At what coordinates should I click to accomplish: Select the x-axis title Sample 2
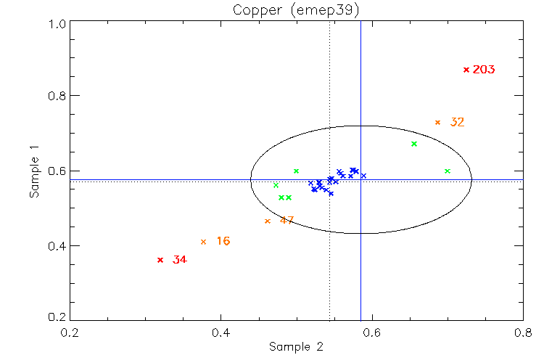point(296,346)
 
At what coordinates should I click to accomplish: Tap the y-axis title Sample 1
point(34,171)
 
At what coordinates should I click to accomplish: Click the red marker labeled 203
point(466,70)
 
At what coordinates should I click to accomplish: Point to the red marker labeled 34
point(160,260)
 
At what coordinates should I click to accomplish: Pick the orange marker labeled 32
point(437,122)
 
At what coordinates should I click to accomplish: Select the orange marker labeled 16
point(203,242)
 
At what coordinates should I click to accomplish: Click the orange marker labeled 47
point(268,221)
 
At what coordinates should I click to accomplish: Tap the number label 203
point(484,70)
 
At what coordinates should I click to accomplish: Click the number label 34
point(180,260)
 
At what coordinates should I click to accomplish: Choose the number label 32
point(457,122)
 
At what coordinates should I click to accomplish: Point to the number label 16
point(223,241)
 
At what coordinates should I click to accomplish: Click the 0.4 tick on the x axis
point(221,333)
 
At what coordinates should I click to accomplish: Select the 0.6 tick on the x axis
point(371,333)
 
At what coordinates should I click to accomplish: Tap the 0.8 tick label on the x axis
point(522,333)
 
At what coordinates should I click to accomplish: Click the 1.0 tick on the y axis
point(59,23)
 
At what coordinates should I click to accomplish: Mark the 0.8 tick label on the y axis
point(59,96)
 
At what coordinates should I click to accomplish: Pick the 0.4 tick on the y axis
point(59,245)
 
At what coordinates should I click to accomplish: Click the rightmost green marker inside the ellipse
point(448,171)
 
